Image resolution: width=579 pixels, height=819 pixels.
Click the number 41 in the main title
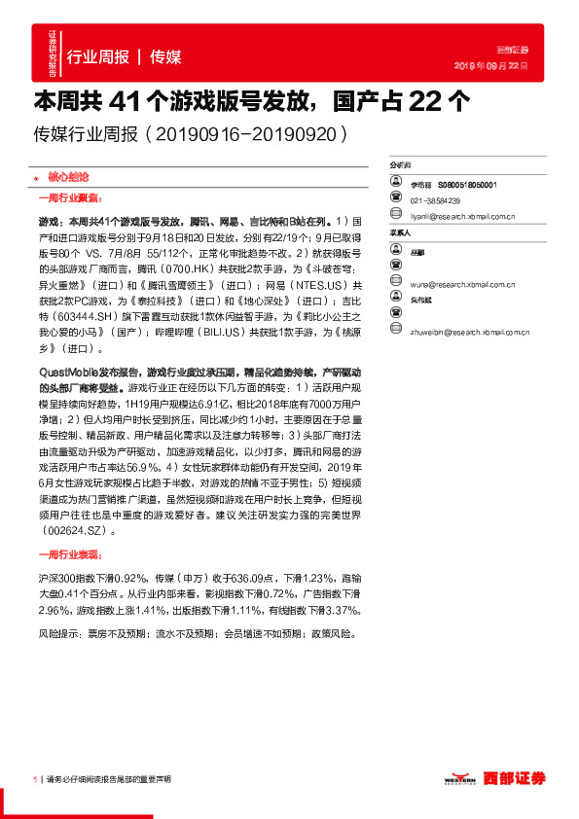click(126, 100)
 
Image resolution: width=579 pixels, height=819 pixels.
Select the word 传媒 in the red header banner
click(165, 56)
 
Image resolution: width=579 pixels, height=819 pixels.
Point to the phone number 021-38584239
click(437, 199)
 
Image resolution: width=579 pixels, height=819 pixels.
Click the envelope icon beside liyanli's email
click(396, 216)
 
